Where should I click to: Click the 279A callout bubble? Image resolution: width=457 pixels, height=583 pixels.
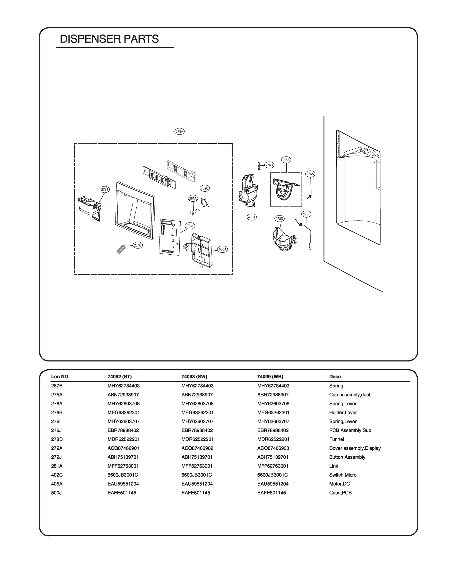click(x=180, y=131)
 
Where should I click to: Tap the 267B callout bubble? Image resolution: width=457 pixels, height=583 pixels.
click(x=138, y=245)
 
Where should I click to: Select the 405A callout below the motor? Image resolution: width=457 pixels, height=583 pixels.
click(x=252, y=217)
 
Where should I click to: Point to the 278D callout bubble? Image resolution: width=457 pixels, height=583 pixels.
click(x=280, y=219)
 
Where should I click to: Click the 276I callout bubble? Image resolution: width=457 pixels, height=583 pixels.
click(x=306, y=214)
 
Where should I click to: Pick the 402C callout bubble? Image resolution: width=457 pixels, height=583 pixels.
click(x=204, y=189)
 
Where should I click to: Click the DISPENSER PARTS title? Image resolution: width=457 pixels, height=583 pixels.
click(x=109, y=39)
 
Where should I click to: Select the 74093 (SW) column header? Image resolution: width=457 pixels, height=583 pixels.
click(x=194, y=377)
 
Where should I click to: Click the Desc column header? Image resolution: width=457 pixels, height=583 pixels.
click(x=335, y=377)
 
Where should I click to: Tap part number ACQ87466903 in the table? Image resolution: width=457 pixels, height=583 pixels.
click(x=273, y=448)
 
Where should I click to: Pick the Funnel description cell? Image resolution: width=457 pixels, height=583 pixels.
click(x=337, y=439)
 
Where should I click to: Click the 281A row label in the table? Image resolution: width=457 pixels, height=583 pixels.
click(x=57, y=466)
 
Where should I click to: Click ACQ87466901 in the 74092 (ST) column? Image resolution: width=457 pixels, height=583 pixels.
click(x=123, y=448)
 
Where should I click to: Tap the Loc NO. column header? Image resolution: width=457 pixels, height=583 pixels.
click(x=60, y=377)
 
